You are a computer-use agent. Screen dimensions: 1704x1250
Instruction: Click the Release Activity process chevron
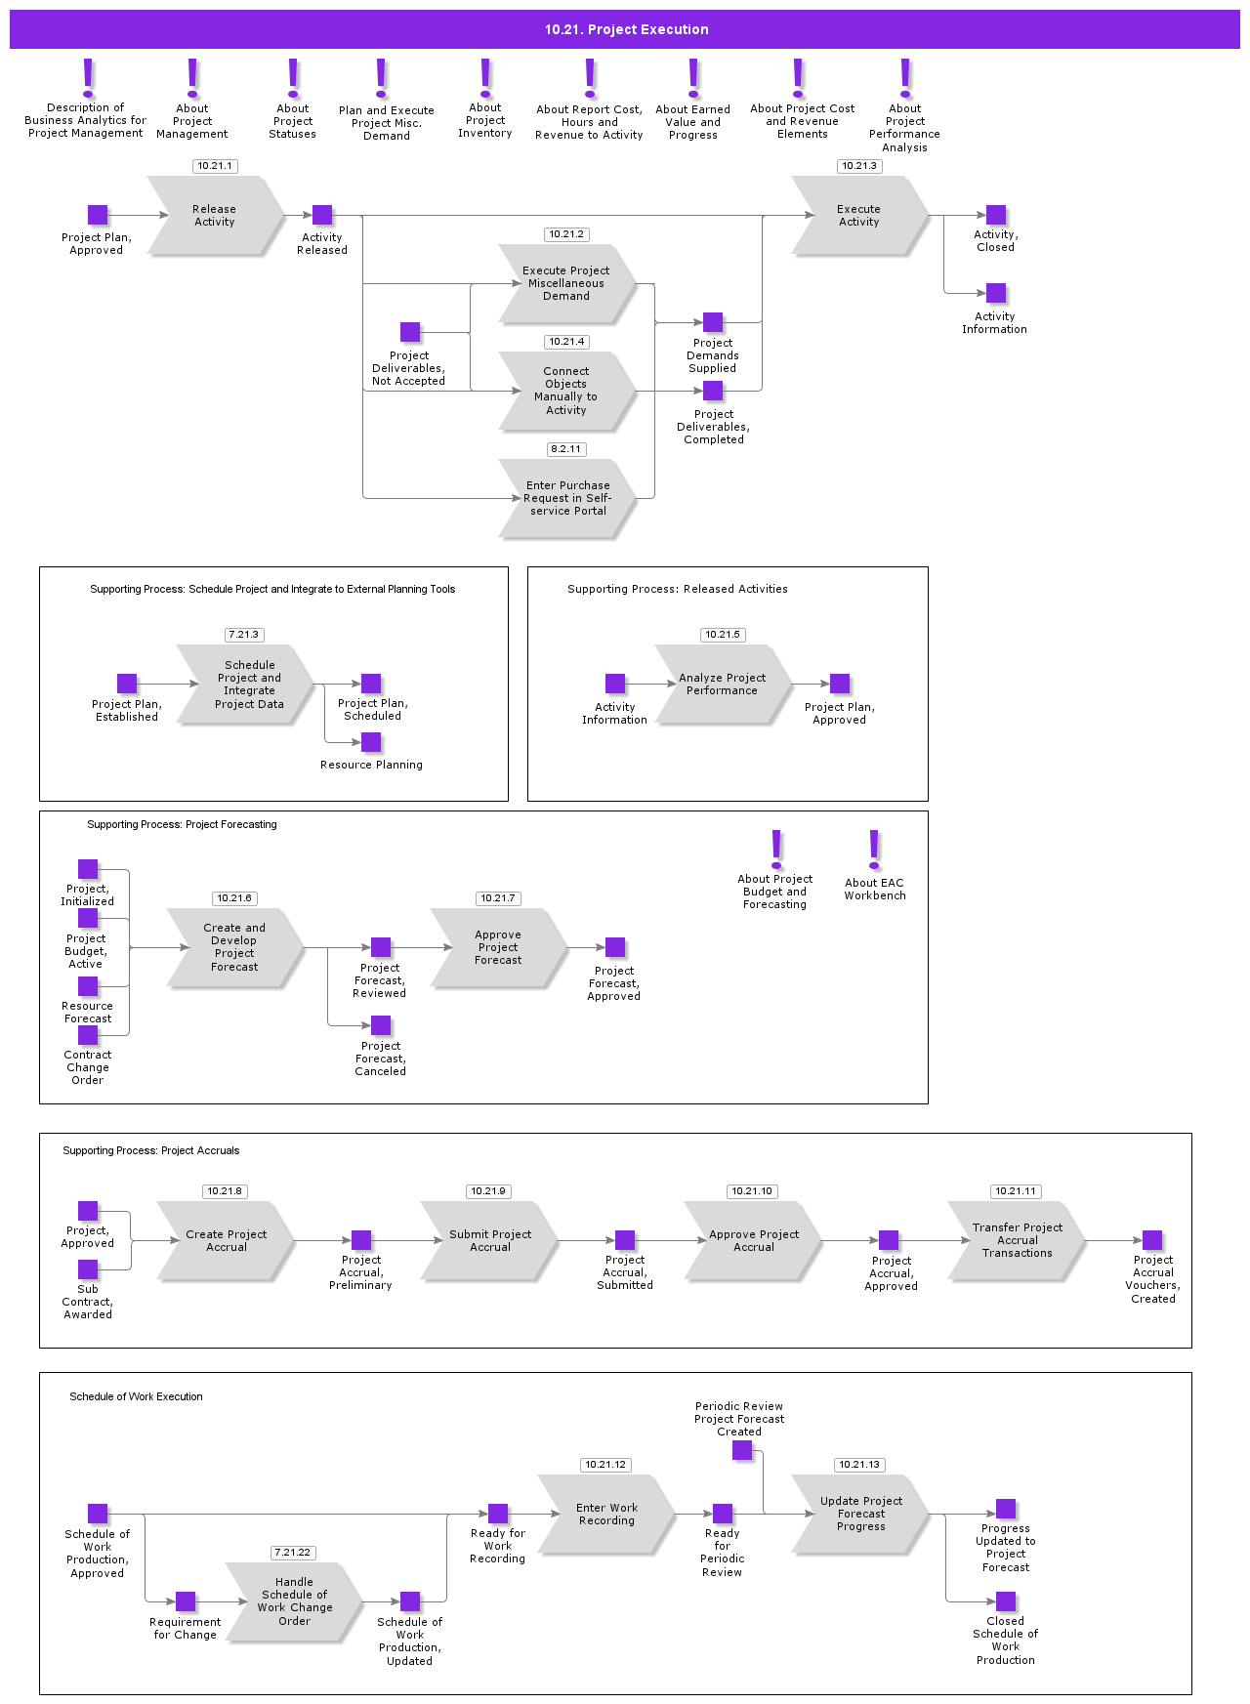coord(215,216)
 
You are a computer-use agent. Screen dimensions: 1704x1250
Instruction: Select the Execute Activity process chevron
coord(859,216)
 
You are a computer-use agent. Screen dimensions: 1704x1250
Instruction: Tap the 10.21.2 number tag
coord(566,234)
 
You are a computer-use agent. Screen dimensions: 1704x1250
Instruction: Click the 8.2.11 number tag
coord(566,449)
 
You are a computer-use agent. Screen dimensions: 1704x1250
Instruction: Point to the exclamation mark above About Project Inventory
coord(485,77)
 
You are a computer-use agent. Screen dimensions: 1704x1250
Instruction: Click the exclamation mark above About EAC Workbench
coord(874,850)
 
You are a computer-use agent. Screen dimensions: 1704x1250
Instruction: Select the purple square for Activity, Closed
coord(996,215)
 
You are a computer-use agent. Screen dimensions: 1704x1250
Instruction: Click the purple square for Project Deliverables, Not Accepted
coord(410,332)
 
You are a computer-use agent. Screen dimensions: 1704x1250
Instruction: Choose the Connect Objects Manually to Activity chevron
coord(566,391)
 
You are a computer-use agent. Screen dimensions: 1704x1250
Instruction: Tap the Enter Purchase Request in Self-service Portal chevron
coord(566,498)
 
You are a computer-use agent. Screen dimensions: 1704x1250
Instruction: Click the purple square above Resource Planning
coord(371,742)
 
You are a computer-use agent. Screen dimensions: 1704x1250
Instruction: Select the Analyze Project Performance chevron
coord(723,684)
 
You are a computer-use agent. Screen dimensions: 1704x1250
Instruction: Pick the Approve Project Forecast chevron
coord(498,947)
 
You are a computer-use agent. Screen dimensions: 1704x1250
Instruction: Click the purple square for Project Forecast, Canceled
coord(381,1025)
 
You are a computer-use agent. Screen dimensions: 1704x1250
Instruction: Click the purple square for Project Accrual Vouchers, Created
coord(1152,1240)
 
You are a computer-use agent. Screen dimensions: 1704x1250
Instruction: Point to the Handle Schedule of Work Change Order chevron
coord(293,1601)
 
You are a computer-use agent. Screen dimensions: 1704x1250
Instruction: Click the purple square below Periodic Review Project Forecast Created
coord(742,1450)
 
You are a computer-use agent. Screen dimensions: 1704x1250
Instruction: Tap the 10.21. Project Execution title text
coord(626,29)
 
